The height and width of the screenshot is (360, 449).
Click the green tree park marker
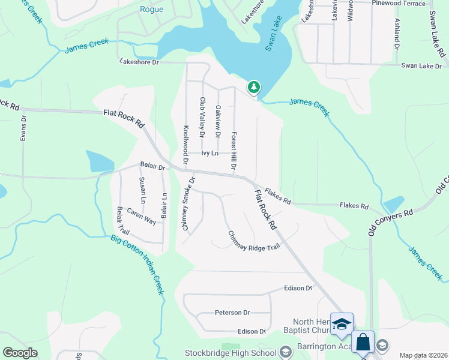(x=254, y=88)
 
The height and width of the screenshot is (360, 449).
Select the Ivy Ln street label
(x=209, y=154)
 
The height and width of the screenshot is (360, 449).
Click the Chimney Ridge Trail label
(x=253, y=241)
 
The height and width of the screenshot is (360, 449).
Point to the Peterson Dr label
(x=232, y=313)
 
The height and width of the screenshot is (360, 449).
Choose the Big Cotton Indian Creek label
(x=137, y=264)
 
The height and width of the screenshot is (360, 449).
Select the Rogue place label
(x=151, y=9)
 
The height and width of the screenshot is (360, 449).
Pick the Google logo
(x=20, y=353)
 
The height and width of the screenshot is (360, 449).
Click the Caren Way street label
(x=141, y=217)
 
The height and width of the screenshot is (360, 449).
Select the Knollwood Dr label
(x=186, y=145)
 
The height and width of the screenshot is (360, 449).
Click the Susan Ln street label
(x=142, y=189)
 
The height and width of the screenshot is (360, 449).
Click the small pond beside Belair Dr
(x=100, y=161)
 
